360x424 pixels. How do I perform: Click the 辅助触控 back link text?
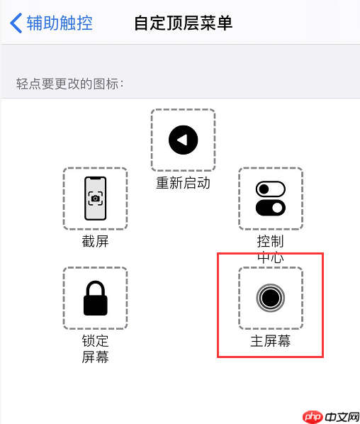point(60,23)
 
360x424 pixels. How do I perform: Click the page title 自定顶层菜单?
point(184,23)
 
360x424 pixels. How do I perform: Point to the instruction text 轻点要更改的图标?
point(70,84)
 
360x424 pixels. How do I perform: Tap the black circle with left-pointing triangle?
point(183,140)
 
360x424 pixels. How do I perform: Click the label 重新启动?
point(183,184)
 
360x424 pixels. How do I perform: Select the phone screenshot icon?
point(95,199)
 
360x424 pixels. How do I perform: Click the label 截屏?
point(95,242)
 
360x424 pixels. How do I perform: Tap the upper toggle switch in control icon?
point(270,189)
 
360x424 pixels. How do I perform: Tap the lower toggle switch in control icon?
point(270,208)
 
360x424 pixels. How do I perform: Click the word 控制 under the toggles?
point(270,242)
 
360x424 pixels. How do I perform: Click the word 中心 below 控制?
point(270,257)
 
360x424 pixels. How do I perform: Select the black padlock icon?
point(95,298)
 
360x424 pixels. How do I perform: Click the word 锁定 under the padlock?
point(95,341)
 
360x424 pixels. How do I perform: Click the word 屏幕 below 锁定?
point(95,357)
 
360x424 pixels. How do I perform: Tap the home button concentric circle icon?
point(270,298)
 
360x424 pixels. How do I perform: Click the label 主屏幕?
point(270,341)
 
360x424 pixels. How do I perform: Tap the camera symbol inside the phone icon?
point(95,199)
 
